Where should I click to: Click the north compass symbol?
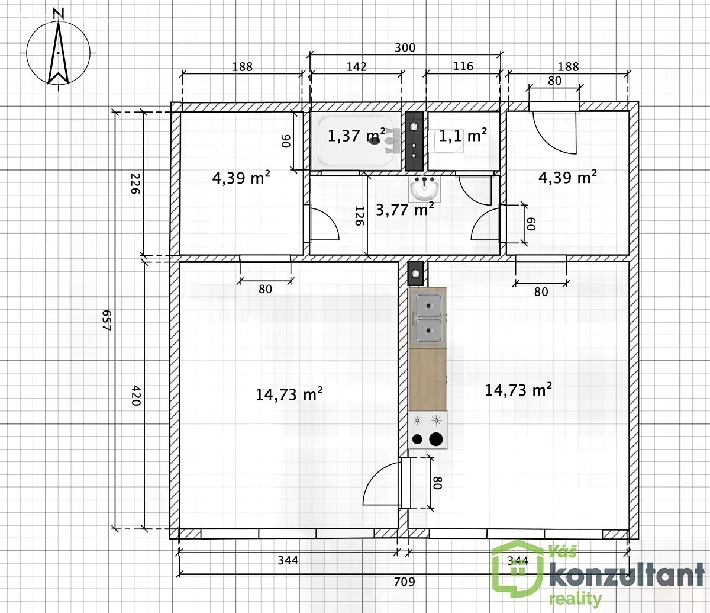(x=59, y=52)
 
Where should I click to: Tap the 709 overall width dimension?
(x=404, y=582)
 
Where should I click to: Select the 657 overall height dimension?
(x=108, y=320)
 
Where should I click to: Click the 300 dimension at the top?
(x=405, y=47)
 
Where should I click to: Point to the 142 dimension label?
(x=356, y=66)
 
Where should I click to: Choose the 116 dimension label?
(x=463, y=66)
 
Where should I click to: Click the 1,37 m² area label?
(x=356, y=136)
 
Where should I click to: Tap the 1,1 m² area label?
(x=463, y=136)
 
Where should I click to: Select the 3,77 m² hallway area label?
(x=405, y=210)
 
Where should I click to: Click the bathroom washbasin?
(x=425, y=188)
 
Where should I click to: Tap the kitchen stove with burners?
(x=428, y=430)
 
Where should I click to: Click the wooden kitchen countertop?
(x=428, y=380)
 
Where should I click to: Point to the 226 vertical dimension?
(x=136, y=184)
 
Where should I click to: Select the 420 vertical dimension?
(x=136, y=396)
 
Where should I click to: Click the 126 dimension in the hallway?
(x=359, y=216)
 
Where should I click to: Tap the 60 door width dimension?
(x=531, y=224)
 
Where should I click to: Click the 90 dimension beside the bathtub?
(x=286, y=141)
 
